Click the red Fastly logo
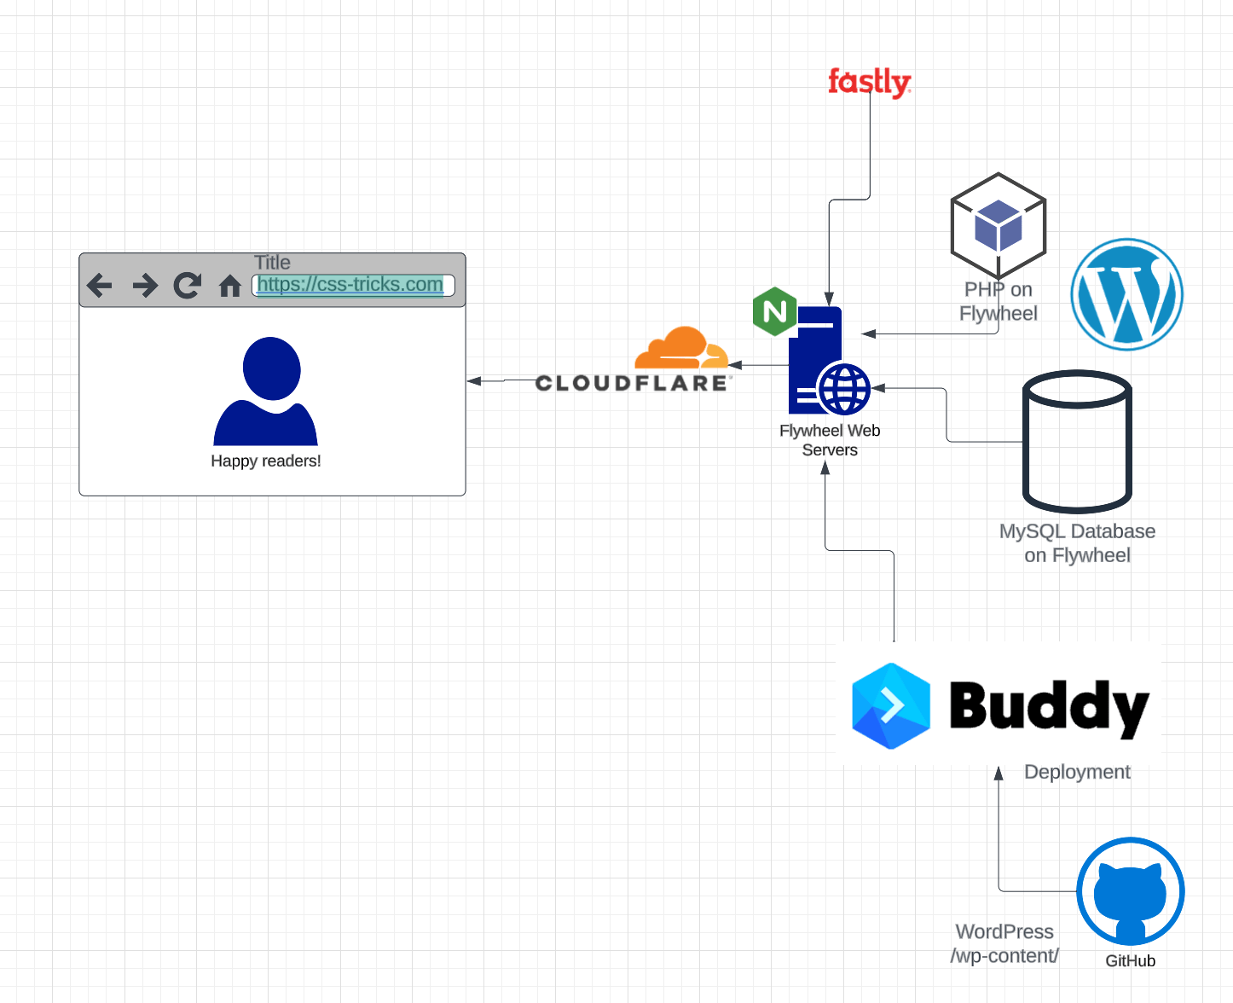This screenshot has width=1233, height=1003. [869, 82]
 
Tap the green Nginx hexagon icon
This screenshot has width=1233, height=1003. [774, 311]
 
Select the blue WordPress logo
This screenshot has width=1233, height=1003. [1126, 294]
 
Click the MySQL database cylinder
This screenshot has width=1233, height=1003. [1077, 441]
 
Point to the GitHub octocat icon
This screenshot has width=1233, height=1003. [1130, 890]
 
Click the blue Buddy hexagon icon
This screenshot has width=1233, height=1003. [891, 706]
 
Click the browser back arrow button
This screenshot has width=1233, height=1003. [100, 285]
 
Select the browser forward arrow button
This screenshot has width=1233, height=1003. [145, 285]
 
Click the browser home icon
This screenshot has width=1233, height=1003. [230, 286]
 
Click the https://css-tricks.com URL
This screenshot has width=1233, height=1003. [350, 285]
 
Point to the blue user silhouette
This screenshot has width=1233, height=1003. [266, 391]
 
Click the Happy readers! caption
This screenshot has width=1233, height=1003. [266, 461]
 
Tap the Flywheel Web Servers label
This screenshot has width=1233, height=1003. [830, 440]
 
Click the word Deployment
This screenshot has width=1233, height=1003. [1077, 772]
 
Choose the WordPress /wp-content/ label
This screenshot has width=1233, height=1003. [1004, 943]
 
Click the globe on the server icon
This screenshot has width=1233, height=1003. [844, 389]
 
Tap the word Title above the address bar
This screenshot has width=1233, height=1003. [272, 263]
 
